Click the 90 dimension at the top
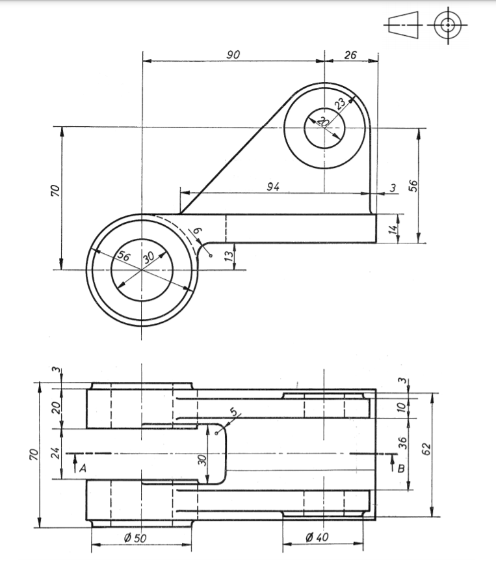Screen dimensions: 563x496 [x=233, y=55]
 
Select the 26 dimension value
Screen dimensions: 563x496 [x=350, y=55]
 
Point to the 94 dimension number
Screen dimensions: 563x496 [x=273, y=187]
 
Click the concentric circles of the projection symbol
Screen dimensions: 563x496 [x=447, y=25]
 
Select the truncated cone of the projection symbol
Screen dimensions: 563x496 [x=404, y=25]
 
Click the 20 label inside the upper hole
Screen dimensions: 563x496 [x=323, y=122]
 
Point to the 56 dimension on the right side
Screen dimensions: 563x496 [x=411, y=185]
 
